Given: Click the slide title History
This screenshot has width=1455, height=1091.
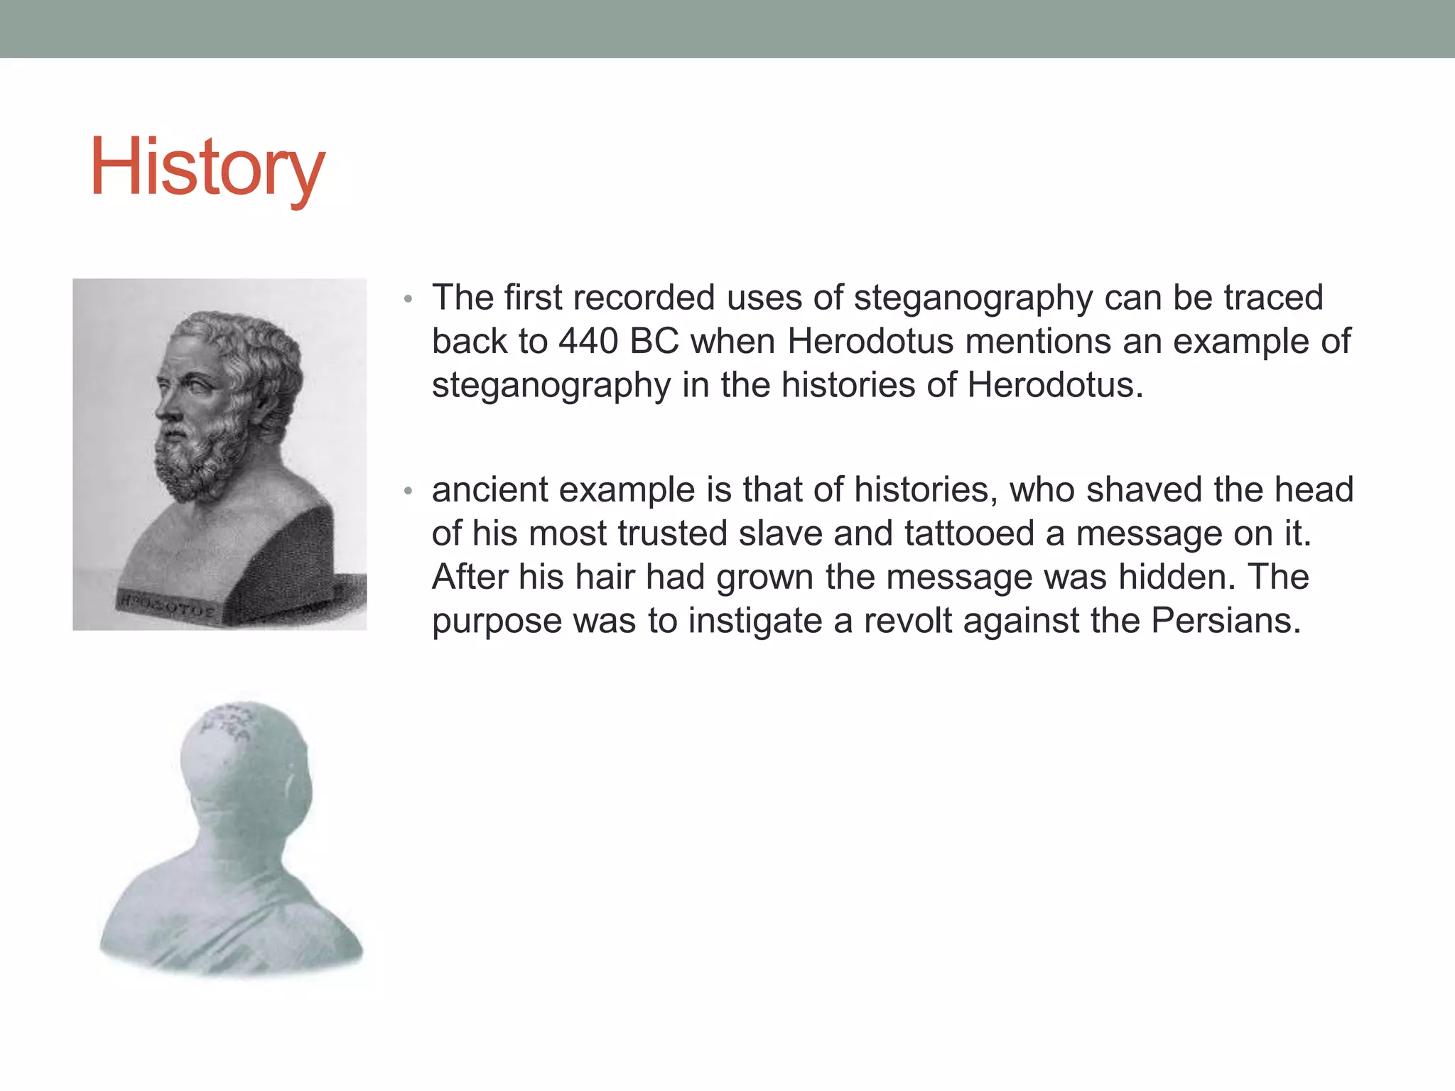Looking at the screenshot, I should click(x=207, y=168).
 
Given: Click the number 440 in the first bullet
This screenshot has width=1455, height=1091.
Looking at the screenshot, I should click(x=588, y=342).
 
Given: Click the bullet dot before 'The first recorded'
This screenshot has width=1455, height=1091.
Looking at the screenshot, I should click(x=408, y=299).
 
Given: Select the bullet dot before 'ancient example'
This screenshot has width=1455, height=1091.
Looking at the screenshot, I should click(x=408, y=491).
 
